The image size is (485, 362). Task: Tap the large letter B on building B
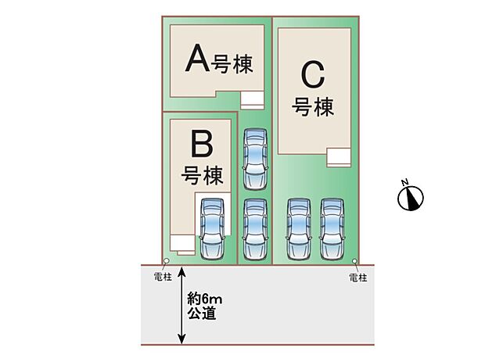pyautogui.click(x=202, y=144)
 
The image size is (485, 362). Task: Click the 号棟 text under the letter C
pyautogui.click(x=312, y=106)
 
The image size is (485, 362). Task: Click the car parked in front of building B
pyautogui.click(x=211, y=228)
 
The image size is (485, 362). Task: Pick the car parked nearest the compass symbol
pyautogui.click(x=333, y=229)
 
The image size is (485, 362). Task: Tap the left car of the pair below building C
pyautogui.click(x=299, y=229)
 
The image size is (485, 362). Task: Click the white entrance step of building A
pyautogui.click(x=253, y=99)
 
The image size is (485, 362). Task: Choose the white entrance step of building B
pyautogui.click(x=182, y=243)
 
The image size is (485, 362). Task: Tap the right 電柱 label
pyautogui.click(x=357, y=278)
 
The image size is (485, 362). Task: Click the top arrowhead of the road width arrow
pyautogui.click(x=182, y=271)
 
